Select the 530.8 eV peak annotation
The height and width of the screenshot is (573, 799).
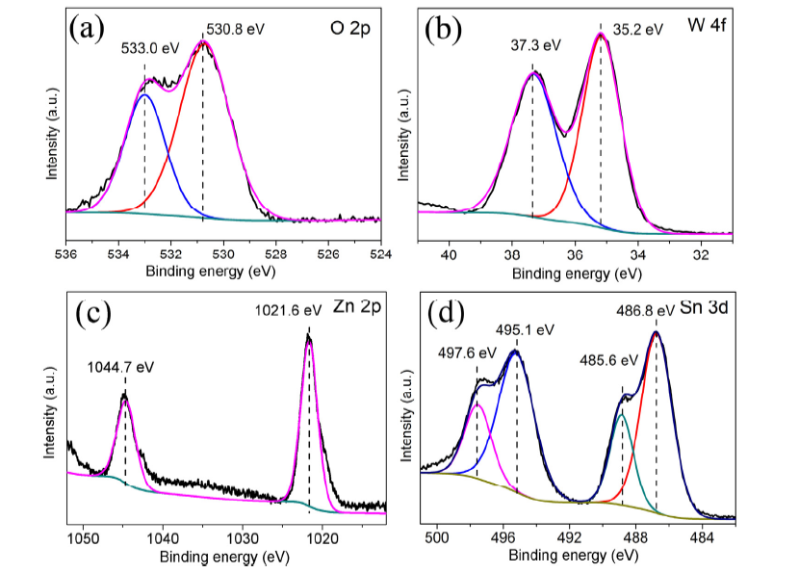(x=236, y=29)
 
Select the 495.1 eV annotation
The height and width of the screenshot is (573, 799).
(x=527, y=328)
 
